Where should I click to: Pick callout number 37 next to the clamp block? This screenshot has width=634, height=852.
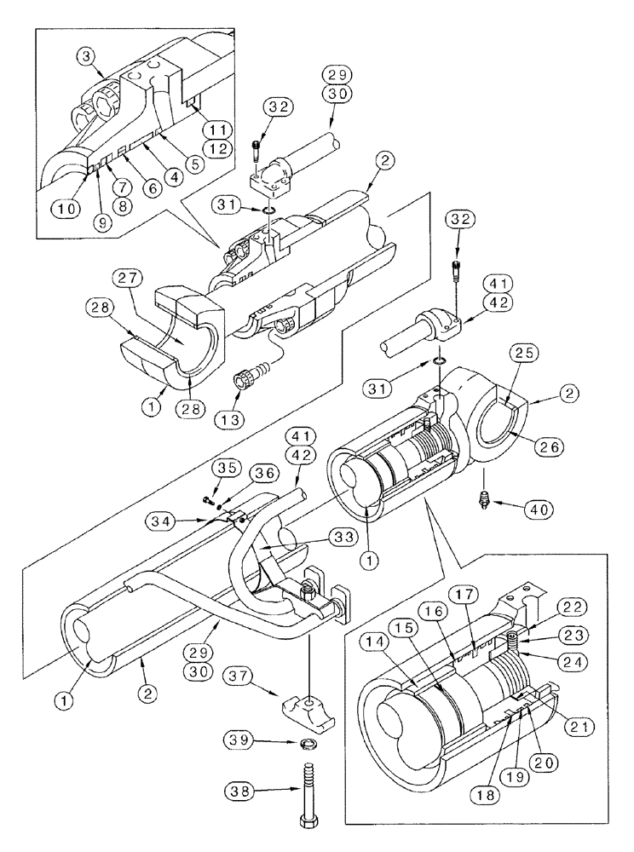239,675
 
